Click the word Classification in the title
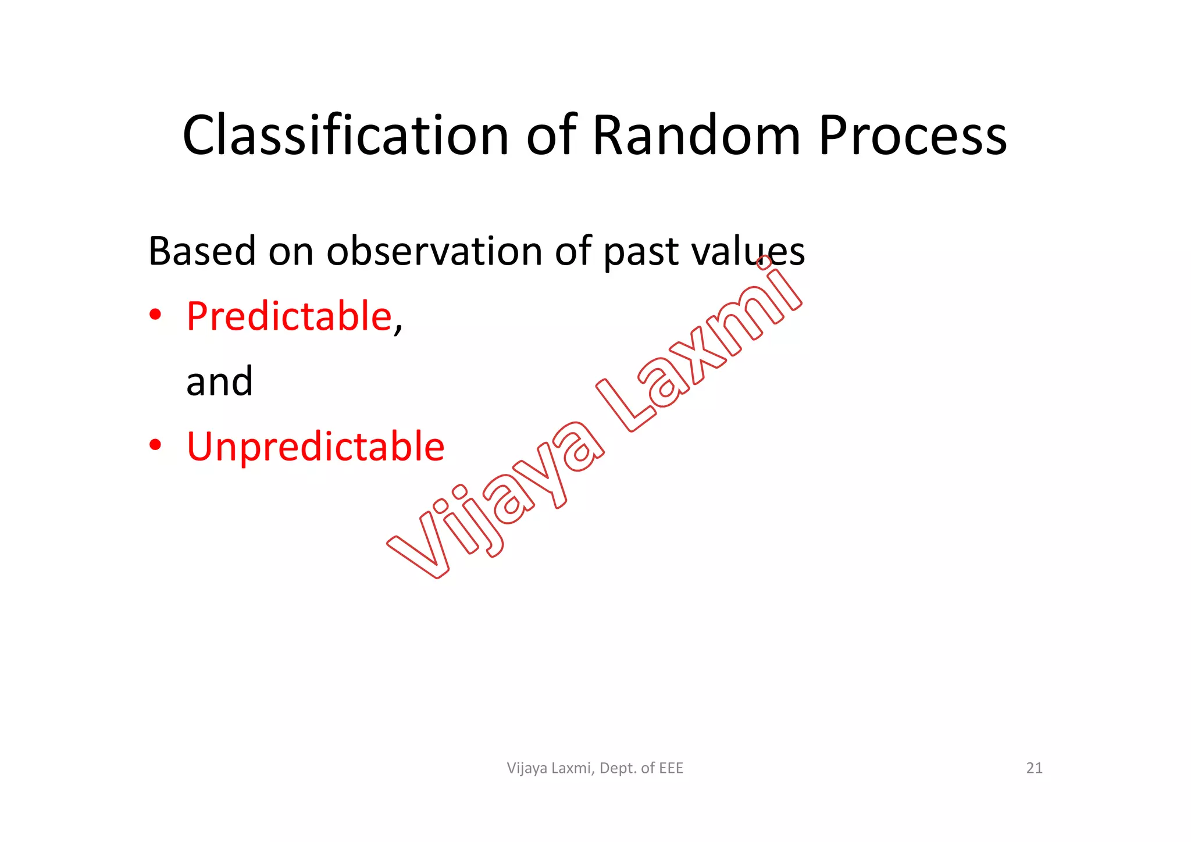346,135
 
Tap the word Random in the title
697,135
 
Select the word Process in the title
912,135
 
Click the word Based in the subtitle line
202,251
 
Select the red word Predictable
289,316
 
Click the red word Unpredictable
315,447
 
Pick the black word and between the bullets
219,382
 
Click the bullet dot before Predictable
155,316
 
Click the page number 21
1034,768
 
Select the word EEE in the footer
671,768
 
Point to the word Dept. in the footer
618,769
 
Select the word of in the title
551,135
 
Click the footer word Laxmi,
573,768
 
